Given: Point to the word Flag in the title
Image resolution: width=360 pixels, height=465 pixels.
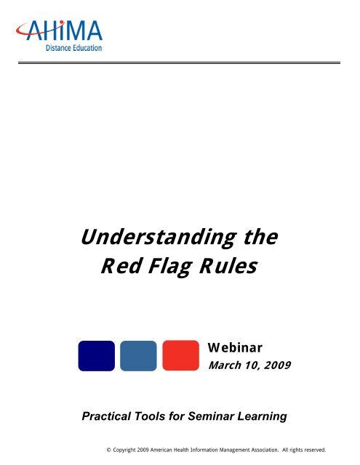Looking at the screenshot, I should (166, 268).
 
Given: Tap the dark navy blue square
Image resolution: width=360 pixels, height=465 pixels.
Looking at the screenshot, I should (96, 356).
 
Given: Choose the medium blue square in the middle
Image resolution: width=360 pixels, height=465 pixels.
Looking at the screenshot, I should (138, 356).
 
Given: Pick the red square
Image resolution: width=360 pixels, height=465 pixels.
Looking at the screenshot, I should (181, 356).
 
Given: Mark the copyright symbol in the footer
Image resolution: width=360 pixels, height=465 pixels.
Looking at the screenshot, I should (108, 450).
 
